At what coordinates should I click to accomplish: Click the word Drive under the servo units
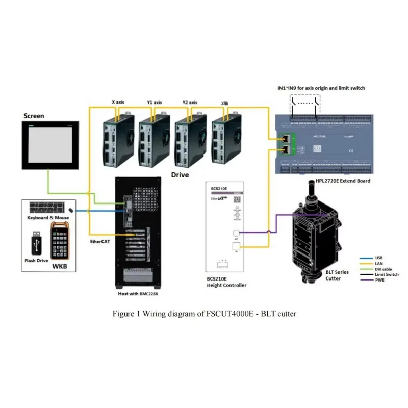180,175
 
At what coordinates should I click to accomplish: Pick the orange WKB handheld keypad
60,241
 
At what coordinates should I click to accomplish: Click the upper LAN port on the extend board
287,138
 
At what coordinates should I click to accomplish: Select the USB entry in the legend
378,258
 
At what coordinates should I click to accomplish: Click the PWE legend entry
379,280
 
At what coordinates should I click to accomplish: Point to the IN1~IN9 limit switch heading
321,88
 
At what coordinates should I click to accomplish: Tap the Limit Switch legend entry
387,274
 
